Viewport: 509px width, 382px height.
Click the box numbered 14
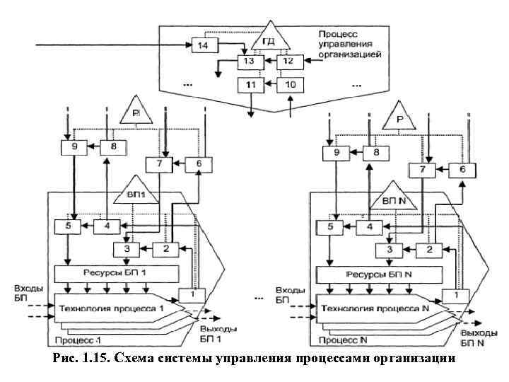click(x=204, y=46)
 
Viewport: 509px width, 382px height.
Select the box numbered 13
click(x=250, y=62)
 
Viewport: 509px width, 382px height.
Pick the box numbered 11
click(x=250, y=84)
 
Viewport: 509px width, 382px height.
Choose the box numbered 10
click(x=290, y=84)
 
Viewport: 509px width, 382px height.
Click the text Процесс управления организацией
click(x=349, y=44)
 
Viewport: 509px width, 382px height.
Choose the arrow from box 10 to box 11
click(x=269, y=84)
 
